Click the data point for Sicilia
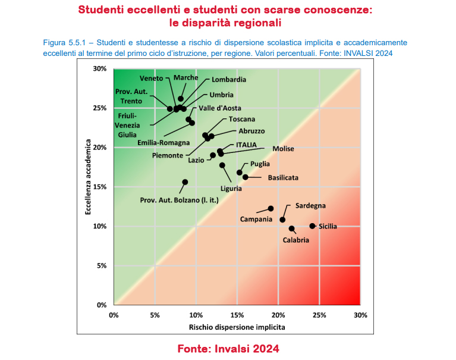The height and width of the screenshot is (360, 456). tap(312, 226)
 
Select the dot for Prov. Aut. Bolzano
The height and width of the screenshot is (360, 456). tap(185, 182)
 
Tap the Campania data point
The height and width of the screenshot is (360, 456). tap(271, 209)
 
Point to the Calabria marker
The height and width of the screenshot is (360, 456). tap(292, 228)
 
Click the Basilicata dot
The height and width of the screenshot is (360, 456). tap(246, 177)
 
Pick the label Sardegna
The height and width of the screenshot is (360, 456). tap(310, 206)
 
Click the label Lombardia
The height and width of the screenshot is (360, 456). tap(229, 80)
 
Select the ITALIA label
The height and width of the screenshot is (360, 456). tap(246, 145)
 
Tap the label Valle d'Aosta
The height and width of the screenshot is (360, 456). tap(219, 108)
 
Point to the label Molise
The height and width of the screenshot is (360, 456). tap(284, 149)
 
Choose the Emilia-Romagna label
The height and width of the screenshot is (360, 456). tap(163, 143)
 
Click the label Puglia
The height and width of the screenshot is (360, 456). tap(260, 164)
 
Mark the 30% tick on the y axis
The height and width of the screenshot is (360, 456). tap(100, 69)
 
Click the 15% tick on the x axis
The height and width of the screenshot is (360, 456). tap(237, 315)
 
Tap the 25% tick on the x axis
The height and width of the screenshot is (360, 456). tap(319, 315)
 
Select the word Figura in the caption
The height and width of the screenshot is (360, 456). tap(56, 43)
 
